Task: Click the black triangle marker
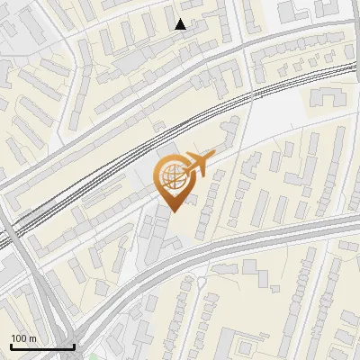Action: click(x=181, y=24)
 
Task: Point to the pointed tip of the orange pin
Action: click(x=174, y=211)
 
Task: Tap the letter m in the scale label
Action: click(x=32, y=338)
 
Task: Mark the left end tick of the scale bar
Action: click(x=11, y=345)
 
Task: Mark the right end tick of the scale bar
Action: click(x=74, y=345)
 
